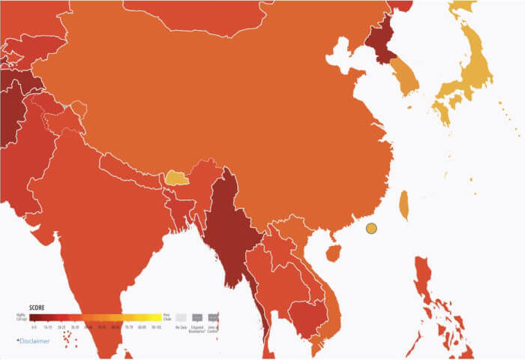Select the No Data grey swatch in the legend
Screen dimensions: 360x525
click(180, 317)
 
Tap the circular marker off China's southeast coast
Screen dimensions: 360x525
click(370, 229)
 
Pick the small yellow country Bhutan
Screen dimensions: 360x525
click(176, 177)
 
